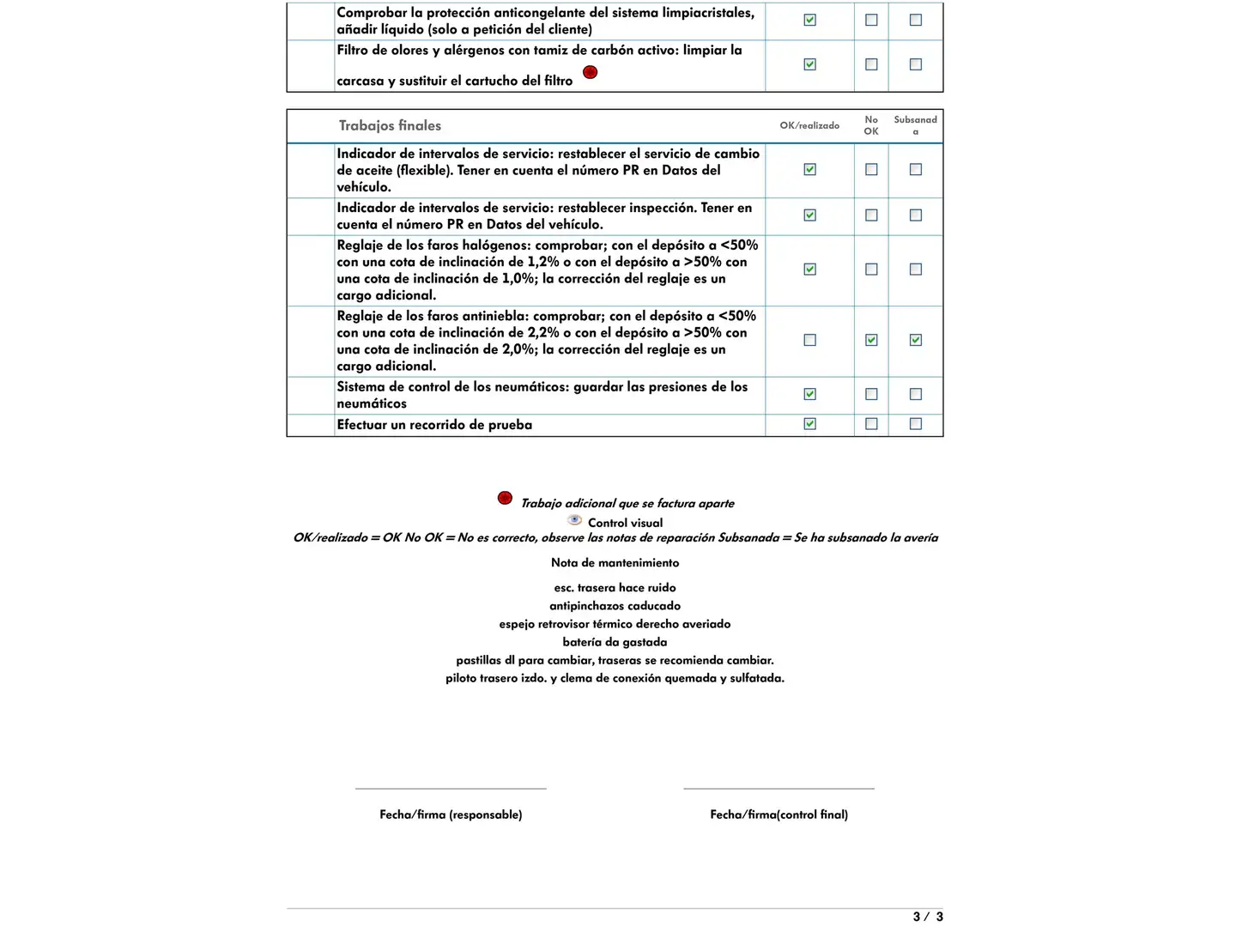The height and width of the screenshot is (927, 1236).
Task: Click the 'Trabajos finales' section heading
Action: click(390, 125)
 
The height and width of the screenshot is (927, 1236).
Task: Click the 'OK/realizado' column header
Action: click(809, 125)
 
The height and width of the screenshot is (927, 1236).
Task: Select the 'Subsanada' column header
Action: click(915, 125)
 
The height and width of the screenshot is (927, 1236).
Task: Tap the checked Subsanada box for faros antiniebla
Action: click(916, 340)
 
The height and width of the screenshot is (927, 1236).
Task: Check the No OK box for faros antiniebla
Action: click(871, 340)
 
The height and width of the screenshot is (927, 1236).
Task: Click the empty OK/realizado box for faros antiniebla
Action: click(809, 340)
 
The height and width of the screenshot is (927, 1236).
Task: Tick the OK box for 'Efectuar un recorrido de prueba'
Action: click(809, 424)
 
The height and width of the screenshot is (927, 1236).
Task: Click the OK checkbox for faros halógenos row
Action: click(809, 270)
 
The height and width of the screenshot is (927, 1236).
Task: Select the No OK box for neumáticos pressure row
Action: click(871, 394)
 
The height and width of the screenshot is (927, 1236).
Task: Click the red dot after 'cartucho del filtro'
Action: click(590, 72)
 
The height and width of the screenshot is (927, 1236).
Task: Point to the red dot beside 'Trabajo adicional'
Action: click(505, 498)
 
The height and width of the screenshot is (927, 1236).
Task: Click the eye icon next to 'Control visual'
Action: click(575, 520)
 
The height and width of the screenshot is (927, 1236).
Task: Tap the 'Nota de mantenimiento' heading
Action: click(615, 563)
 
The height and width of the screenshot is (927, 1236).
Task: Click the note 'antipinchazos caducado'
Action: click(615, 606)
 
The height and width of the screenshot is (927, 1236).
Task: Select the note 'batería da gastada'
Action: click(615, 642)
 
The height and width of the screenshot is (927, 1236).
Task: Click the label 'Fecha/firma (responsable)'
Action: click(451, 815)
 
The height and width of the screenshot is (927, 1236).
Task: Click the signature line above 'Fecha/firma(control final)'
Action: click(779, 788)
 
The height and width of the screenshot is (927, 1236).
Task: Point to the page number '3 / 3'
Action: click(928, 917)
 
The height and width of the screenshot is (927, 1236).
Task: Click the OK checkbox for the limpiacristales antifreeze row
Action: click(809, 20)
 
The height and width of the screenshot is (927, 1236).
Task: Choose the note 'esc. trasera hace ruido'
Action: click(615, 588)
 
